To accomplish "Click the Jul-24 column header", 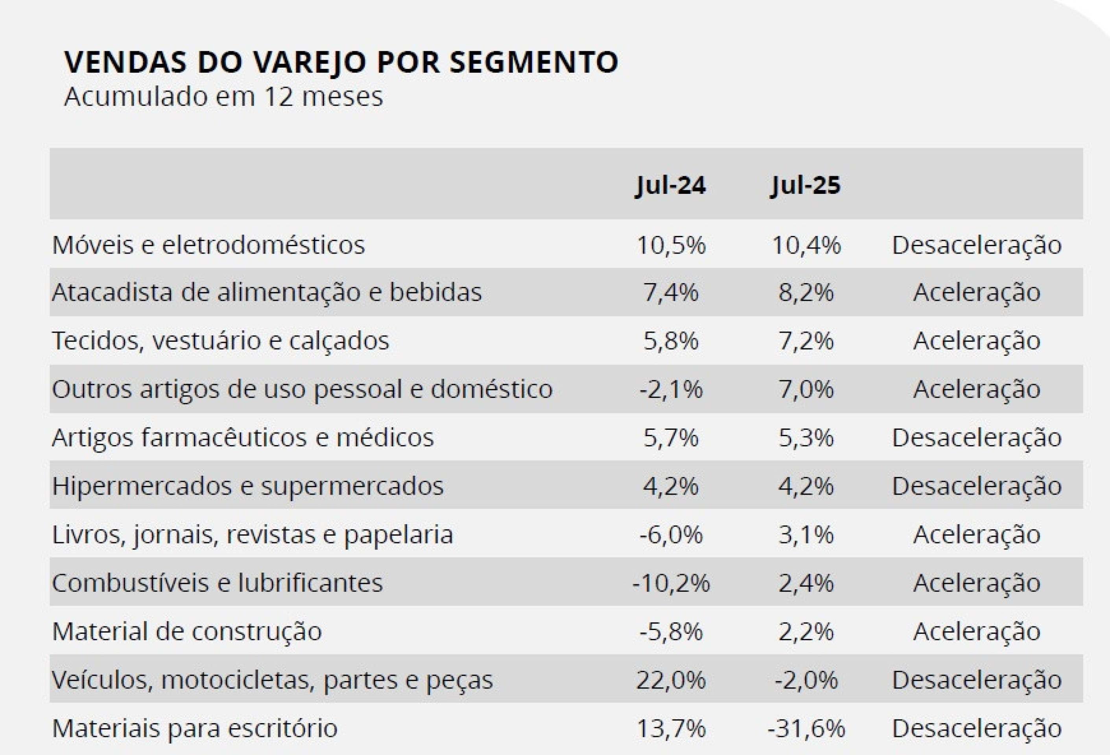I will coord(671,185).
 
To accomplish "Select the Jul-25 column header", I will coord(806,185).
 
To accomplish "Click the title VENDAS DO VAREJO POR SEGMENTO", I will coord(341,62).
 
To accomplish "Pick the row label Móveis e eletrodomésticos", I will coord(208,245).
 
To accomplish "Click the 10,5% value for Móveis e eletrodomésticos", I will coord(671,245).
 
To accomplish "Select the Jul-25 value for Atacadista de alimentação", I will coord(806,292).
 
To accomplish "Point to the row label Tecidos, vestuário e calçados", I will coord(220,341).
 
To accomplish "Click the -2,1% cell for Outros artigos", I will coord(671,389).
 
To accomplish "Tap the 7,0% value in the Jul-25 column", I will coord(806,389).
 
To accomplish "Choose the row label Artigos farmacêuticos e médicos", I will coord(243,437).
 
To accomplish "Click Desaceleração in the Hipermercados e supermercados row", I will coord(976,486).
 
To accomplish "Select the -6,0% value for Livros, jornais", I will coord(671,534).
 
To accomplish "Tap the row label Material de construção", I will coord(187,631).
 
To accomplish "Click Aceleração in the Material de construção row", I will coord(976,631).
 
